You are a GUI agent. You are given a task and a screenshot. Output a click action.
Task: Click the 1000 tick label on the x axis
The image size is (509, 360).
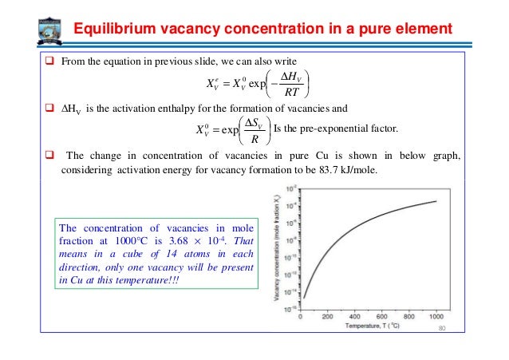click(435, 316)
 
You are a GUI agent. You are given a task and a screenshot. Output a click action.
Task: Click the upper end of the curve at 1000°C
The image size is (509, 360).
click(436, 201)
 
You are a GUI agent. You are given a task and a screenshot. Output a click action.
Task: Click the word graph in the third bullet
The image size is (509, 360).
click(444, 156)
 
